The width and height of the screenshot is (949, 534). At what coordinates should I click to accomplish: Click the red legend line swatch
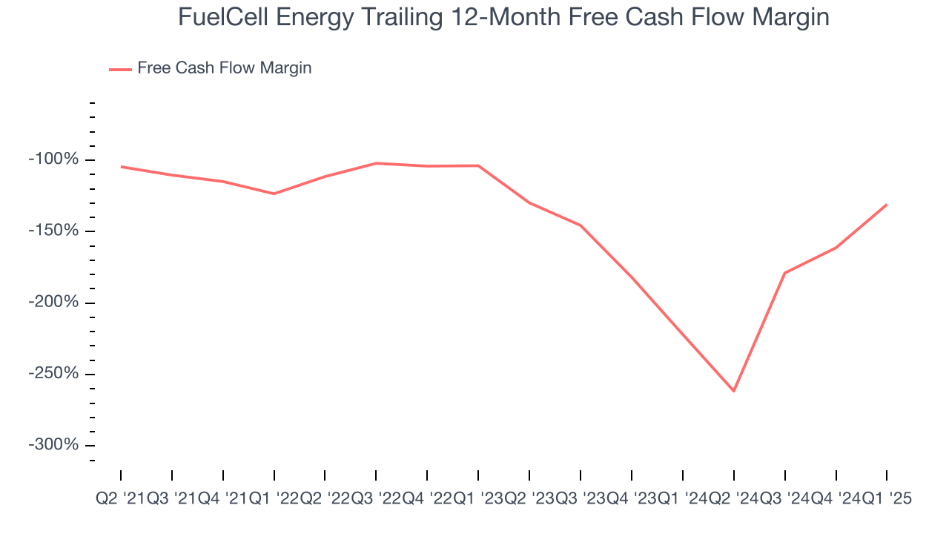pos(120,69)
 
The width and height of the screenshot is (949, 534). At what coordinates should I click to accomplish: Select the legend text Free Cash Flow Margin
pos(224,68)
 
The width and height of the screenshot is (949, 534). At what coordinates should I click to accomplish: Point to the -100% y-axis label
pos(53,159)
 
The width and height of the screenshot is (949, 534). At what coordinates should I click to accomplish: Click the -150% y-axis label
pos(53,231)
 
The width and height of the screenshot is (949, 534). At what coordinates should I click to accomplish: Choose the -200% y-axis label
pos(53,303)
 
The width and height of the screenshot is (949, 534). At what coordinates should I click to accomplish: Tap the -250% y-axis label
pos(53,374)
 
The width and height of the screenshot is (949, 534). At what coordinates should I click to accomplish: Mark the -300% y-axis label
pos(53,445)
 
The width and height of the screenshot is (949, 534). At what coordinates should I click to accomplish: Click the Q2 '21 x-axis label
pos(121,499)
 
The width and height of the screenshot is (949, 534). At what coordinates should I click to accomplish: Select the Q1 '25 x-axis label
pos(887,499)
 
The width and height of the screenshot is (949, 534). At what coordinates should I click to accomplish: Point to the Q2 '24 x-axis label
pos(734,499)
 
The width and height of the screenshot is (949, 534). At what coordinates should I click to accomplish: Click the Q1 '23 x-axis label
pos(478,499)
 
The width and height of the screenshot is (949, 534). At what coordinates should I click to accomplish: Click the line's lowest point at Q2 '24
pos(734,391)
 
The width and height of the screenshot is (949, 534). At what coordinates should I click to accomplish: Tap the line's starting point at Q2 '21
pos(121,166)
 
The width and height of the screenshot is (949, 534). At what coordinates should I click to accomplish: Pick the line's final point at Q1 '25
pos(887,205)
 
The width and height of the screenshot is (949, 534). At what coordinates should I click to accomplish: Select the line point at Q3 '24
pos(784,273)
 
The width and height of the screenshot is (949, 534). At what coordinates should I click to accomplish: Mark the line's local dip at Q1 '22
pos(274,194)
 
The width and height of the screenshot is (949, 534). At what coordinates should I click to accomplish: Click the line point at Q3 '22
pos(376,163)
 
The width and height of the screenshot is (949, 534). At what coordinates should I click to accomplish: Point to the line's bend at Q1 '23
pos(478,165)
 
